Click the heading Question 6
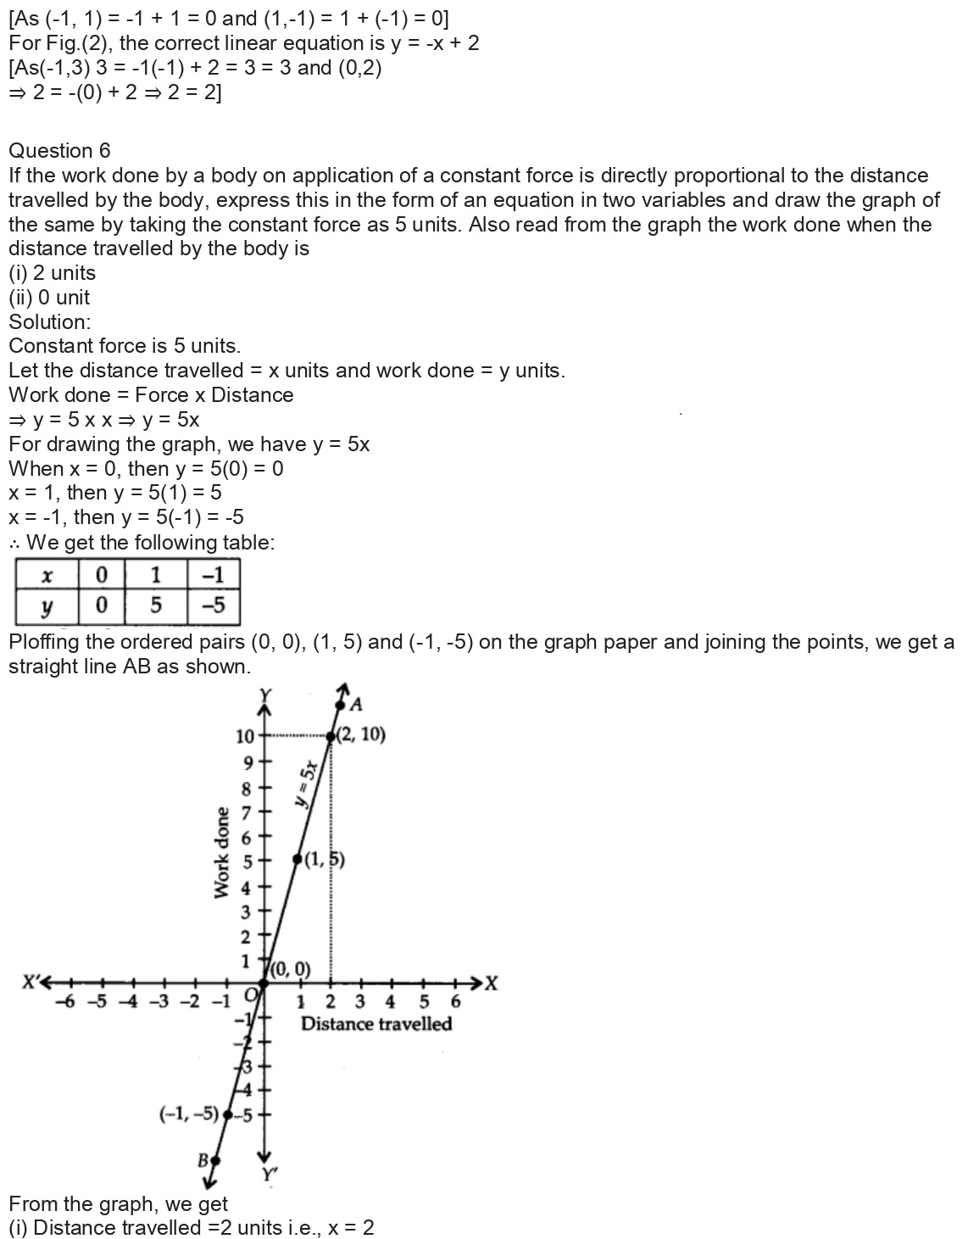59,151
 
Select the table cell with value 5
155,607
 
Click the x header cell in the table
47,576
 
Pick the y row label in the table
47,607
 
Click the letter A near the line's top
356,704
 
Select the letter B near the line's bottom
203,1158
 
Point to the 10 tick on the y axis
245,735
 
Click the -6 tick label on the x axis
64,1002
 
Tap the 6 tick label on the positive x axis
455,1002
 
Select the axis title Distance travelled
376,1024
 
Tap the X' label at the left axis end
32,984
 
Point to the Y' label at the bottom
270,1175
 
